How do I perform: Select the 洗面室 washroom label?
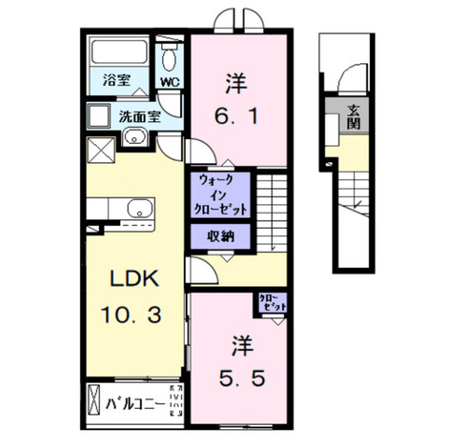139,115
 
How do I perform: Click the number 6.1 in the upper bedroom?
237,115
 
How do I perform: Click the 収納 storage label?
220,237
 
